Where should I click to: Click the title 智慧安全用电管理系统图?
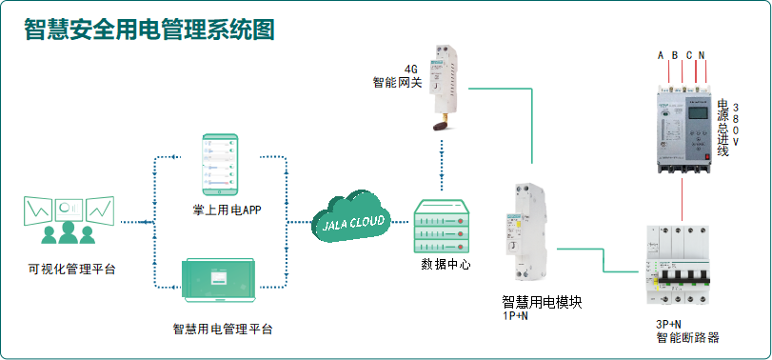point(149,30)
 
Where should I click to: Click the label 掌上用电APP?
point(220,210)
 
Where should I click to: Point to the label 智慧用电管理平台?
point(223,330)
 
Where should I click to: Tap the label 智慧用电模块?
point(542,302)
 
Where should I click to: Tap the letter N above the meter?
point(703,55)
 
